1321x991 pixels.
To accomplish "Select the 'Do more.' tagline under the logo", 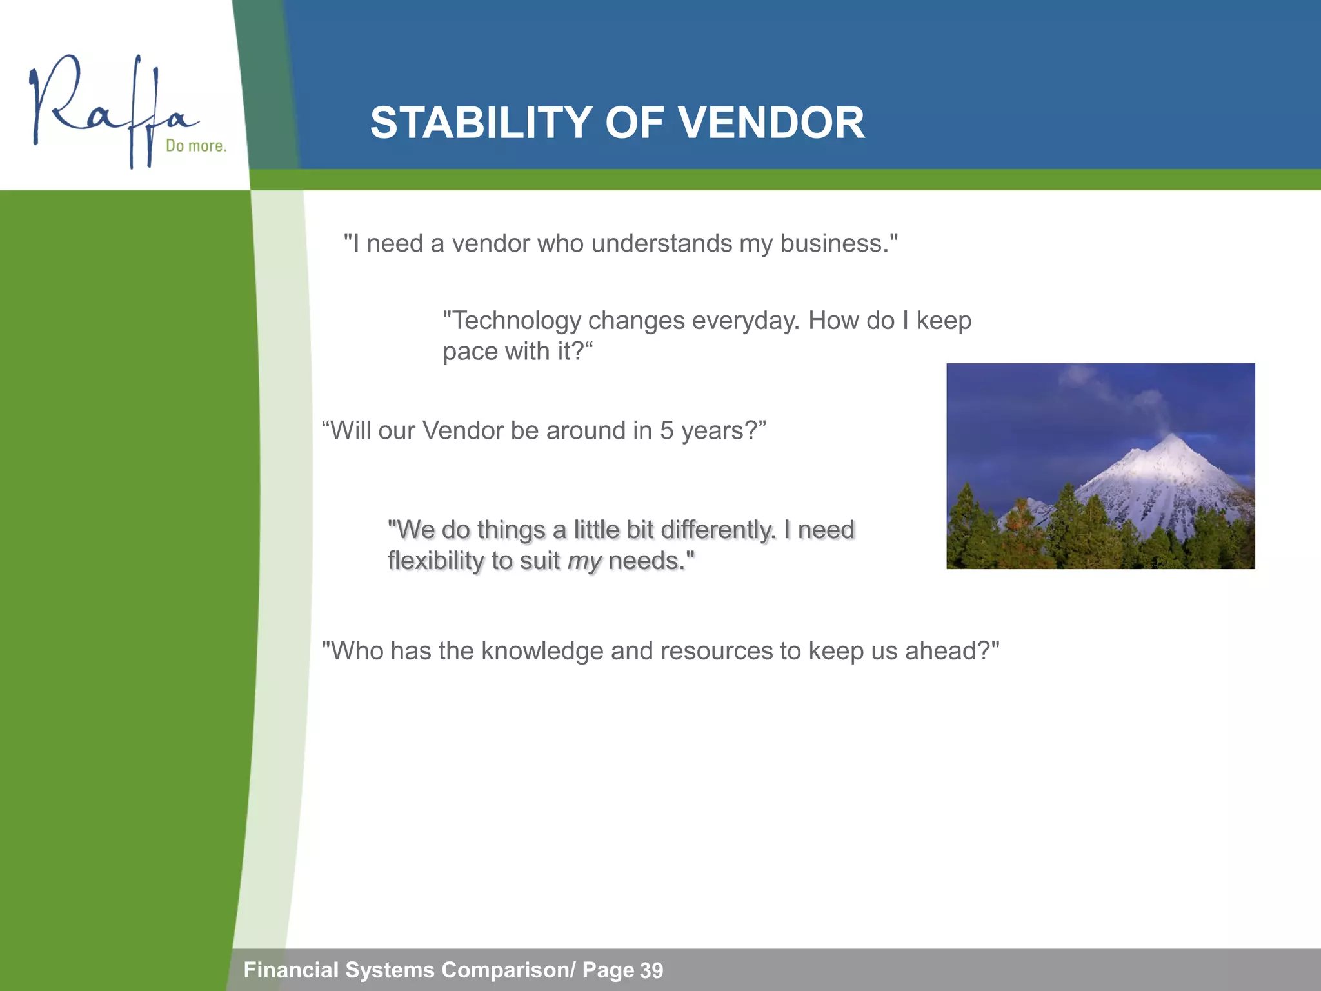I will (195, 146).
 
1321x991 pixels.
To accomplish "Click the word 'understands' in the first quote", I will (662, 244).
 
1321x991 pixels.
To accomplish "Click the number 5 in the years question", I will (666, 431).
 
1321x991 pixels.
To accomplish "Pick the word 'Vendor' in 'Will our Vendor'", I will (462, 431).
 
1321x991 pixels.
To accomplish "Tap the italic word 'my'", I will (584, 561).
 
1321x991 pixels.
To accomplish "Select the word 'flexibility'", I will (435, 561).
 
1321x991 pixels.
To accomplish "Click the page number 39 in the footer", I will (651, 970).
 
